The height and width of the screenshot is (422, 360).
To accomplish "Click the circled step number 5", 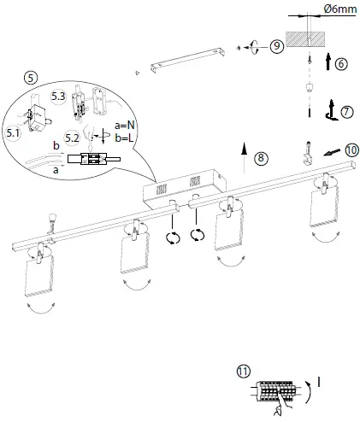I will (x=30, y=78).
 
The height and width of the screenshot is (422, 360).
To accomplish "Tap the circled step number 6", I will (x=340, y=64).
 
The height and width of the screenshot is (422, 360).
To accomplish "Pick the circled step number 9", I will (x=276, y=47).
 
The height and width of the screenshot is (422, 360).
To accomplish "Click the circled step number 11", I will (x=244, y=372).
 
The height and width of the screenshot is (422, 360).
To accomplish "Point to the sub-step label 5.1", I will (x=13, y=132).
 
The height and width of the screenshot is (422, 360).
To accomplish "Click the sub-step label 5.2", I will (x=72, y=136).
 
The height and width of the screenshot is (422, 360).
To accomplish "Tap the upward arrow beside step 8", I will (x=245, y=158).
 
